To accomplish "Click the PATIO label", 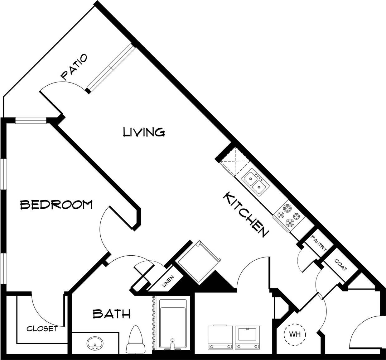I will pos(74,67).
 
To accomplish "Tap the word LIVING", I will pos(144,132).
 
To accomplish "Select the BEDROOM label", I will pos(56,205).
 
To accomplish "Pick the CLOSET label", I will pos(42,329).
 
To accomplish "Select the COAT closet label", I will pos(340,265).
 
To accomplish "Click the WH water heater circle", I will pos(295,335).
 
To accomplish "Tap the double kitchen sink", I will pos(255,183).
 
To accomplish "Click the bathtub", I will pos(173,324).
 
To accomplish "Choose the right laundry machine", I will pos(247,338).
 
